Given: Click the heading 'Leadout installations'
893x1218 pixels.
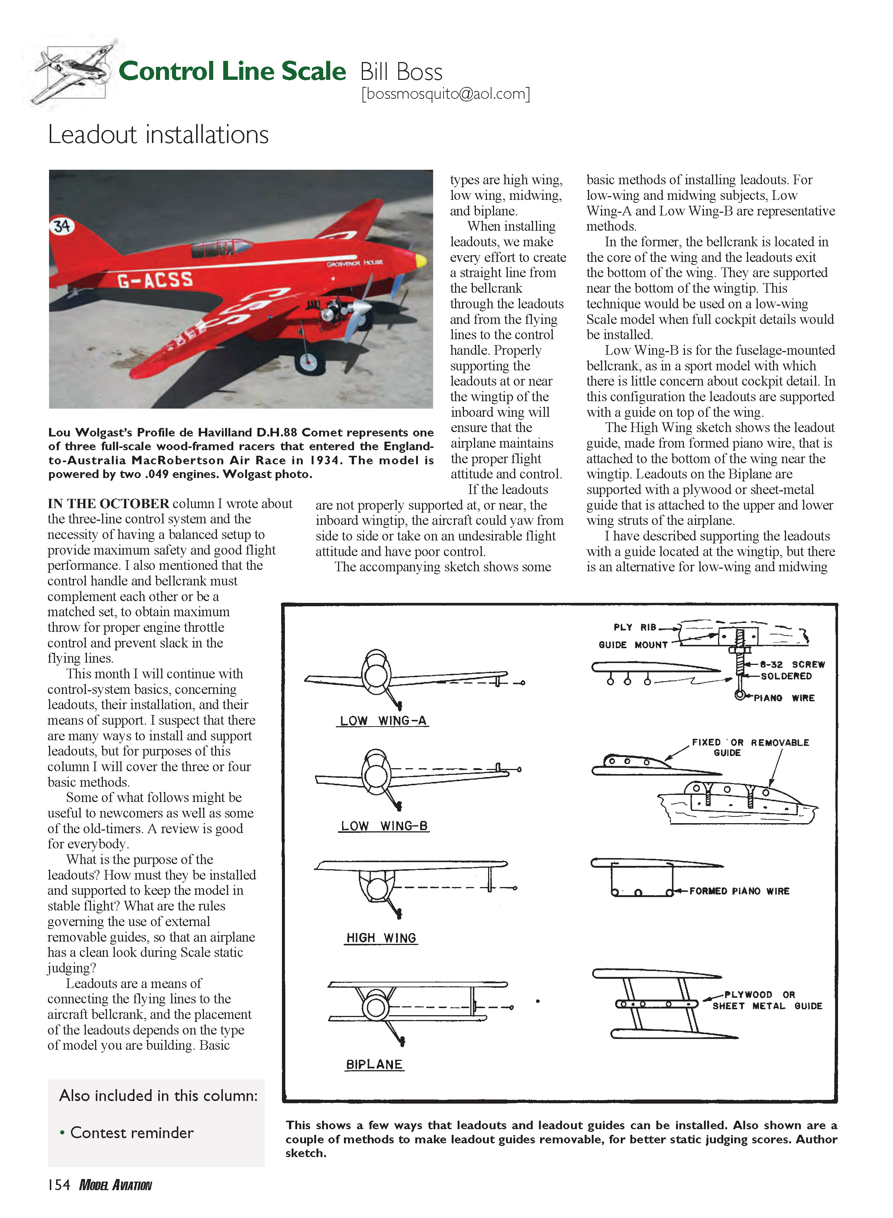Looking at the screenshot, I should tap(158, 134).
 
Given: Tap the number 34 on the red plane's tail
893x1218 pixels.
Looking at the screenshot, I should tap(62, 226).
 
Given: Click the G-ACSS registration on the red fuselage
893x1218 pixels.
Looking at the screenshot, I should tap(155, 280).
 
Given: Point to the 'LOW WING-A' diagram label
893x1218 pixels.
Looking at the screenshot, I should tap(383, 721).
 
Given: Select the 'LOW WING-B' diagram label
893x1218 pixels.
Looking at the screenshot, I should tap(384, 826).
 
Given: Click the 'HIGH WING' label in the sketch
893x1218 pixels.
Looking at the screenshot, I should tap(381, 938).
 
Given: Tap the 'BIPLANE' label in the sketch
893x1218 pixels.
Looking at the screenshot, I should tap(374, 1065).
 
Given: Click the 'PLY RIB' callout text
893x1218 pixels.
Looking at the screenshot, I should tap(634, 627).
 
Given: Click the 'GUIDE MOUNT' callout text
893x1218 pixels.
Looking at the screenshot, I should tap(633, 645).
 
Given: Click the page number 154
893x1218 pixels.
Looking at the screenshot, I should tap(59, 1185).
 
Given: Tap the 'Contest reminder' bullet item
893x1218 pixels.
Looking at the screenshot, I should tap(131, 1133).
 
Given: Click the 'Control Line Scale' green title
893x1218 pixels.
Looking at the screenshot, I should tap(232, 71).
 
